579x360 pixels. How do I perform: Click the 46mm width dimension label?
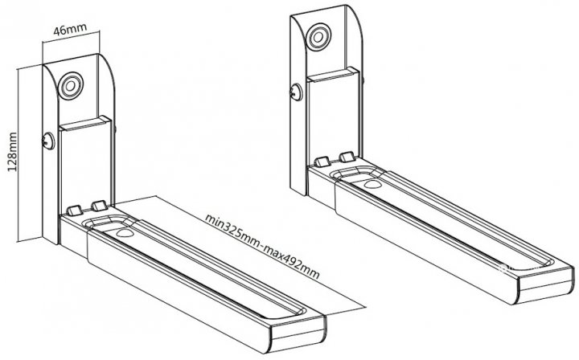click(70, 29)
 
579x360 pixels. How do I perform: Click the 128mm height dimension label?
click(13, 152)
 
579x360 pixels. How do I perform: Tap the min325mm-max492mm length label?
click(262, 247)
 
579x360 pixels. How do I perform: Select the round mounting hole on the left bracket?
click(72, 86)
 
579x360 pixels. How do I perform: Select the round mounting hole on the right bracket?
click(319, 37)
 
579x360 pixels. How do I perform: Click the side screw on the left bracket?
click(48, 141)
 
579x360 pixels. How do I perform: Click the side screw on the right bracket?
click(296, 92)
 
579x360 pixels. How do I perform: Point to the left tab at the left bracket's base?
click(74, 211)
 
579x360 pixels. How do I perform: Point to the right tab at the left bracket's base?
click(99, 206)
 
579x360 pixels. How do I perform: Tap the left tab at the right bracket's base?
click(322, 162)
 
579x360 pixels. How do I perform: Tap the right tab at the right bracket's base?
click(347, 157)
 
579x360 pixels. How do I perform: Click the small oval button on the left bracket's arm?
click(125, 233)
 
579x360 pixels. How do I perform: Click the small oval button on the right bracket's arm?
click(373, 185)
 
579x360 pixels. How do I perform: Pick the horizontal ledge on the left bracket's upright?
click(86, 123)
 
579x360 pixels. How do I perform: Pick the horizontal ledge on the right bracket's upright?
click(334, 74)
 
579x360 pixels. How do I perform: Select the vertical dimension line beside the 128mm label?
click(18, 154)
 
